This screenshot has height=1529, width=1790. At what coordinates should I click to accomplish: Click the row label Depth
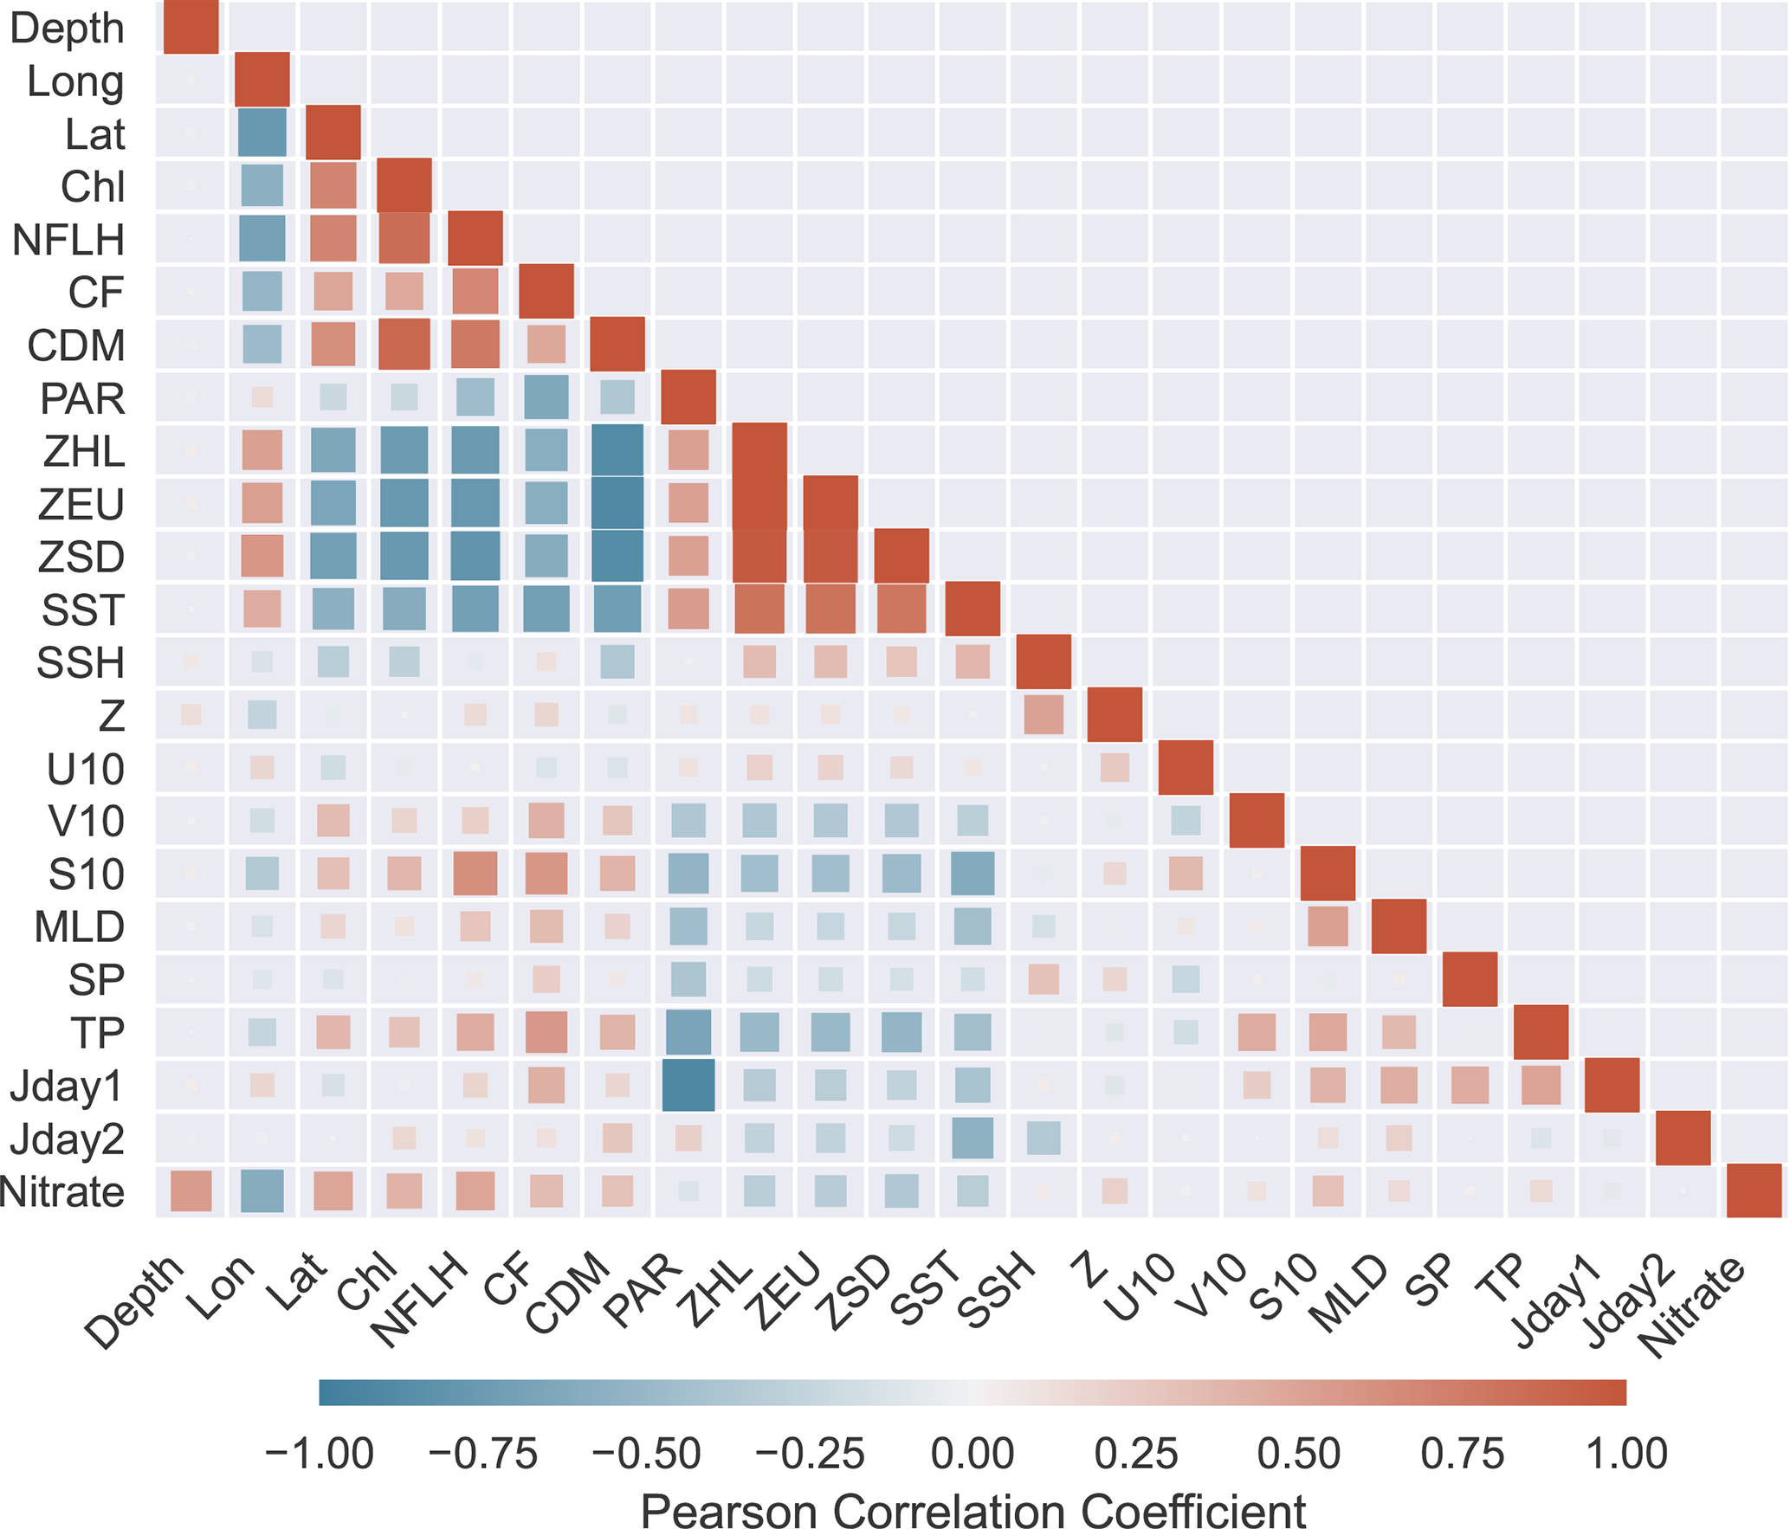pyautogui.click(x=67, y=29)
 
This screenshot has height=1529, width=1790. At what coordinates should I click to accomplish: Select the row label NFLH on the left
pyautogui.click(x=68, y=240)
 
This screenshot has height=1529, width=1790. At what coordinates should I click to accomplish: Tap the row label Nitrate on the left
pyautogui.click(x=62, y=1192)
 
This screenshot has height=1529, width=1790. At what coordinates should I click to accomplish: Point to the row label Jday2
pyautogui.click(x=67, y=1139)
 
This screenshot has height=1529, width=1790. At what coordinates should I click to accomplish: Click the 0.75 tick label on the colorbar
pyautogui.click(x=1463, y=1454)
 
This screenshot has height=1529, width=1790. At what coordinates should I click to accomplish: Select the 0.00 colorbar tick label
pyautogui.click(x=973, y=1454)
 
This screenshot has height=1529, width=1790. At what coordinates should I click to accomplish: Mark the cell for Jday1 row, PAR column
pyautogui.click(x=688, y=1085)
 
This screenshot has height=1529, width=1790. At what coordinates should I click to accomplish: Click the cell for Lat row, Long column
pyautogui.click(x=262, y=132)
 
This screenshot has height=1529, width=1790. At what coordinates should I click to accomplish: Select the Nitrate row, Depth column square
pyautogui.click(x=191, y=1190)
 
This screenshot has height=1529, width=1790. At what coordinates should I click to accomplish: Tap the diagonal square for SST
pyautogui.click(x=973, y=609)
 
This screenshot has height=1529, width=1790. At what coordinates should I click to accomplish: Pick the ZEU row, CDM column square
pyautogui.click(x=617, y=503)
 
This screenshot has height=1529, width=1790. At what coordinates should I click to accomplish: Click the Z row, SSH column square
pyautogui.click(x=1044, y=714)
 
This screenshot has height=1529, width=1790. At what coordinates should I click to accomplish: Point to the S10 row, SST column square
pyautogui.click(x=973, y=874)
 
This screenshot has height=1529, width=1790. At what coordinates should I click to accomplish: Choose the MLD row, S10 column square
pyautogui.click(x=1328, y=926)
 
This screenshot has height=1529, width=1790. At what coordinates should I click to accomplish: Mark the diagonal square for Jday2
pyautogui.click(x=1683, y=1138)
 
